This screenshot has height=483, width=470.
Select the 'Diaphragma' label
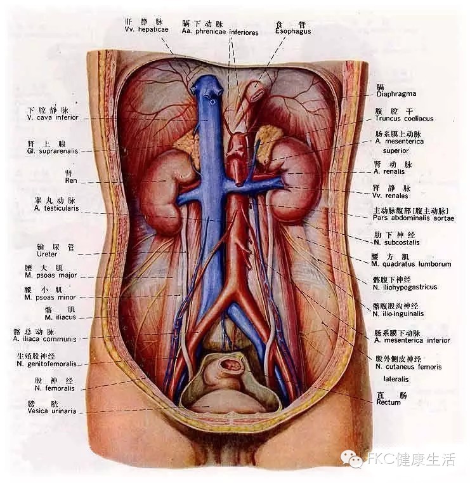click(396, 94)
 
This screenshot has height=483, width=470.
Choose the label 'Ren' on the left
click(70, 181)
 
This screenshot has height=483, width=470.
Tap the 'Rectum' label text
click(388, 402)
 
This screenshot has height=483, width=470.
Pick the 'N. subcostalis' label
click(397, 242)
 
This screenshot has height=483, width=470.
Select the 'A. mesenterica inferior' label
click(412, 340)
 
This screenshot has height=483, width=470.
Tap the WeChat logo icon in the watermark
click(350, 458)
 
